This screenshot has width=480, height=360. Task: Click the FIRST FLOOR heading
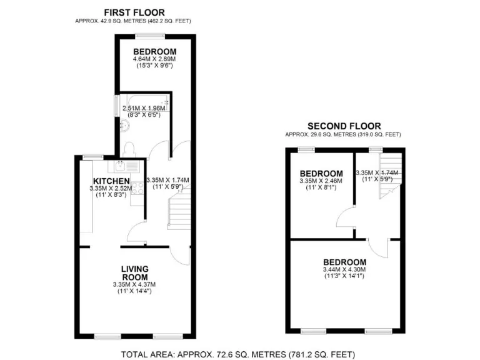(134, 12)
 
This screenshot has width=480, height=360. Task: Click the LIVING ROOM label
(134, 273)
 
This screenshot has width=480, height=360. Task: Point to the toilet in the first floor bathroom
(129, 149)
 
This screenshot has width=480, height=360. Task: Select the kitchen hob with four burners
(134, 186)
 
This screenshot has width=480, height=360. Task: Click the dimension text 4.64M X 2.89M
(154, 59)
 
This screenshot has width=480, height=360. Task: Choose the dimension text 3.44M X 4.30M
(344, 269)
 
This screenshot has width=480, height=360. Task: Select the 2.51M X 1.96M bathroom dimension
(145, 108)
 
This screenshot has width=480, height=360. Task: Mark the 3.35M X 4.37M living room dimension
(134, 285)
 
